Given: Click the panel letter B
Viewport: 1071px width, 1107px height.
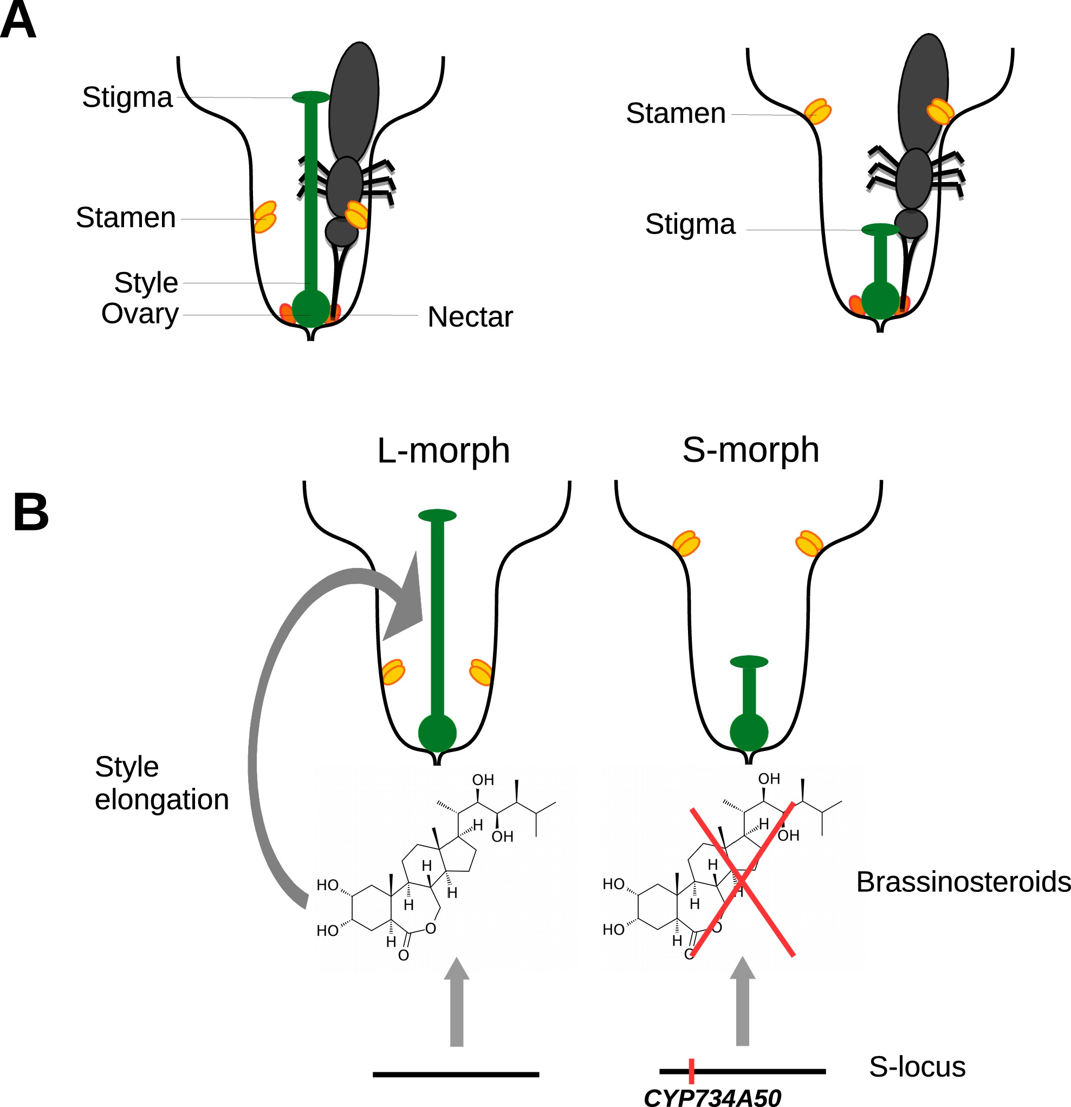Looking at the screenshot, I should pyautogui.click(x=30, y=512).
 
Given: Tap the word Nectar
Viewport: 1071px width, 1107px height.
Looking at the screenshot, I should pyautogui.click(x=470, y=317).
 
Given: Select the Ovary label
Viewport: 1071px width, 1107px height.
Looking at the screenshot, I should pyautogui.click(x=139, y=314).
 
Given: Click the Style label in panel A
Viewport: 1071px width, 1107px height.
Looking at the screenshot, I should pyautogui.click(x=146, y=282).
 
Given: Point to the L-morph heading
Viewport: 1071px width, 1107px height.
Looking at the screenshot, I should pyautogui.click(x=443, y=451).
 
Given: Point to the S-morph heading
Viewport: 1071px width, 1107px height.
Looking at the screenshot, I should pyautogui.click(x=750, y=450).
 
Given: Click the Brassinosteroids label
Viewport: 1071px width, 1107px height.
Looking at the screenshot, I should pyautogui.click(x=963, y=882).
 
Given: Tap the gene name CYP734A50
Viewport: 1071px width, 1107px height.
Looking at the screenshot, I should pyautogui.click(x=712, y=1097).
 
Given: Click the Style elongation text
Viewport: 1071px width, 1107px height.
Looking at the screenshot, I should pyautogui.click(x=161, y=784).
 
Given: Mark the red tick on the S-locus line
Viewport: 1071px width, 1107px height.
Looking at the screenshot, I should pyautogui.click(x=691, y=1071).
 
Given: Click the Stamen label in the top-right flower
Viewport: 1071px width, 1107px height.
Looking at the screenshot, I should pyautogui.click(x=675, y=114).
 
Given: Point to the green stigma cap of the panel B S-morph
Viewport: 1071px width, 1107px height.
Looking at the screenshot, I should pyautogui.click(x=749, y=662).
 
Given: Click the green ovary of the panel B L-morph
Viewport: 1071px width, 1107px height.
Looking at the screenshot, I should pyautogui.click(x=437, y=733).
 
